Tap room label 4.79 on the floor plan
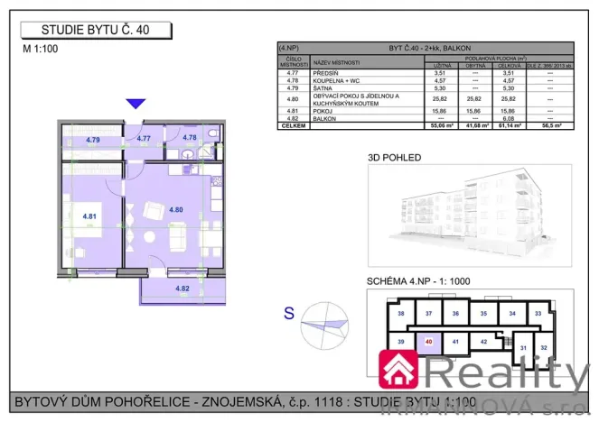pos(92,140)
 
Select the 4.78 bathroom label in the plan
pos(190,138)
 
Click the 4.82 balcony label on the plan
pos(183,289)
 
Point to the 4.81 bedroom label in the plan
pos(89,216)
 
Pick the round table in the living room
pos(152,213)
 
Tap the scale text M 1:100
pos(41,50)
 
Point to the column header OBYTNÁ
pos(476,66)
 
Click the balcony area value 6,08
pos(510,119)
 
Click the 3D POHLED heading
pos(394,156)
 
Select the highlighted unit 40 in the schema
pos(428,342)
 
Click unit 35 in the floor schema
pos(484,313)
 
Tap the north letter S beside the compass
pos(289,313)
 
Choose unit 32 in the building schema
pos(542,346)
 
